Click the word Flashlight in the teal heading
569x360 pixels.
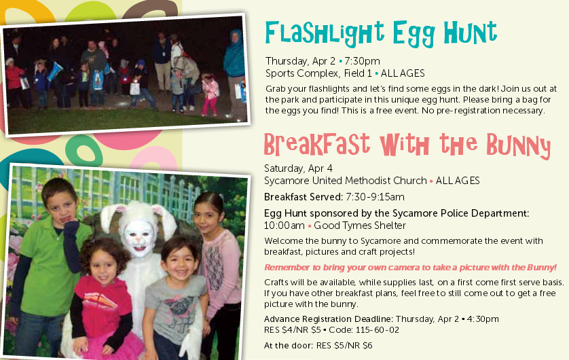coord(325,33)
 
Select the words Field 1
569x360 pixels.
coord(358,73)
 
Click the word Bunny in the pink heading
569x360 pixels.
coord(518,146)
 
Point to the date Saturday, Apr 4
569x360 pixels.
coord(298,168)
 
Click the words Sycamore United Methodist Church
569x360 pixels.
coord(346,181)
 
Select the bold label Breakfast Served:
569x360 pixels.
coord(304,197)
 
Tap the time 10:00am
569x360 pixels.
coord(284,226)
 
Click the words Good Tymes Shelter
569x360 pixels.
coord(360,226)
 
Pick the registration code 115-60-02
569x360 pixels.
coord(378,330)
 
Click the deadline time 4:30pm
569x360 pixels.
coord(483,319)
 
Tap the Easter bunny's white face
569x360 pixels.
coord(139,238)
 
